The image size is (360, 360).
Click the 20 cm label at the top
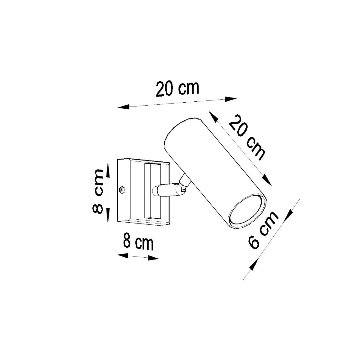click(x=177, y=88)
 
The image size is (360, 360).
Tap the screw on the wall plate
click(x=122, y=190)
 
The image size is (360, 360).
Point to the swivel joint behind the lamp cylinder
click(x=184, y=184)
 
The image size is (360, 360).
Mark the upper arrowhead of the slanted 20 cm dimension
click(x=213, y=117)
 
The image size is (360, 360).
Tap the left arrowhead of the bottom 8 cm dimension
click(x=123, y=256)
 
